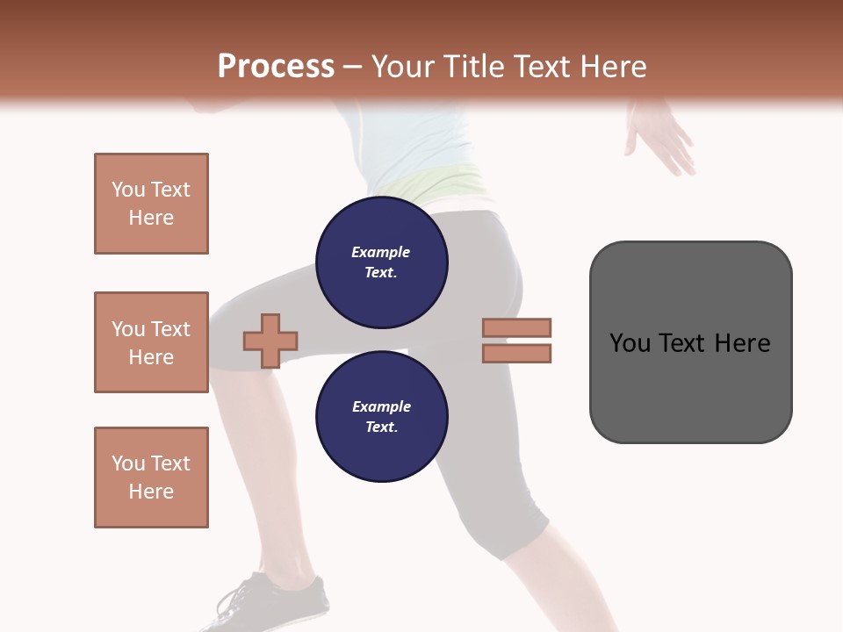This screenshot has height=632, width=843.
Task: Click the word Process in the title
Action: coord(276,67)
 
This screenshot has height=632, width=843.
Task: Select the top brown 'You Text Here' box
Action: coord(151,204)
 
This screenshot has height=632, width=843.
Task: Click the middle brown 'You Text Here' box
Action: coord(151,342)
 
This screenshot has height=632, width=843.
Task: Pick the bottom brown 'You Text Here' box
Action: coord(151,477)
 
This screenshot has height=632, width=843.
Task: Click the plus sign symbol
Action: coord(270,341)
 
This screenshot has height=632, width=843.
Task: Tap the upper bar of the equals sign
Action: coord(516,327)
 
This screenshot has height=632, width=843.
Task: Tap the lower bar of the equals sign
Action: coord(516,353)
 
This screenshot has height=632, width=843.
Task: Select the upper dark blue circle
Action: coord(381,262)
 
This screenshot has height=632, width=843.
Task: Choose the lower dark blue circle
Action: coord(381,417)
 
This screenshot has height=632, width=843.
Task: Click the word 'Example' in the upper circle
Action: coord(380,252)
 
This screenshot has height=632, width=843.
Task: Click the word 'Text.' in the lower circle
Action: coord(380,427)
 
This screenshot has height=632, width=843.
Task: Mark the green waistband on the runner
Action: coord(439,183)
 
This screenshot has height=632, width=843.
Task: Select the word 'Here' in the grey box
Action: coord(742,343)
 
